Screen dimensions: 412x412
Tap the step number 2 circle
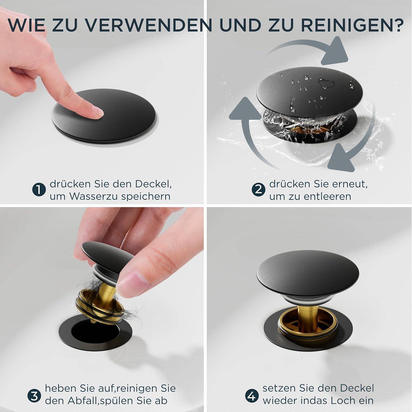coord(258,190)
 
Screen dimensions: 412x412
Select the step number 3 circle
coord(34,396)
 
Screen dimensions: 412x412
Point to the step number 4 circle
coord(252,396)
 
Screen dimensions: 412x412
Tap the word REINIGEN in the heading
coord(349,25)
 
